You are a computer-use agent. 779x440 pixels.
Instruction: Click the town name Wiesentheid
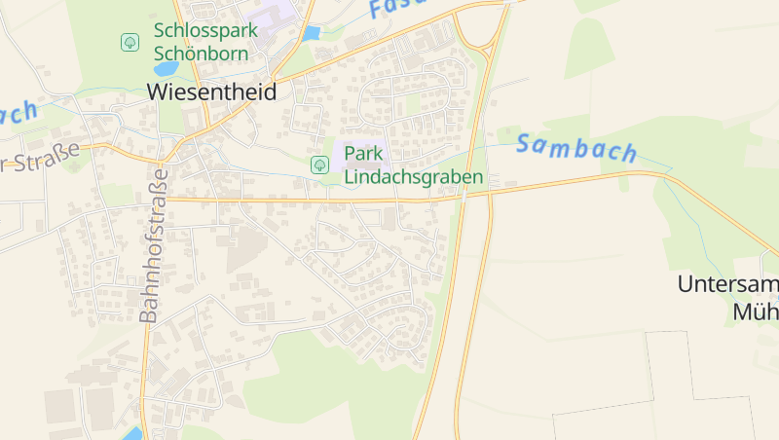pyautogui.click(x=211, y=92)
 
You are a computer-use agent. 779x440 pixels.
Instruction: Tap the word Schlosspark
pyautogui.click(x=205, y=30)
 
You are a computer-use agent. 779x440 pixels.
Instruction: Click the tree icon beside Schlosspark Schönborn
pyautogui.click(x=130, y=42)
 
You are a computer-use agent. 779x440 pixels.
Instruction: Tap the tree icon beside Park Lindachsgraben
pyautogui.click(x=318, y=165)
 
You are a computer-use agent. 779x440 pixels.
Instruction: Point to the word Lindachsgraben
pyautogui.click(x=414, y=177)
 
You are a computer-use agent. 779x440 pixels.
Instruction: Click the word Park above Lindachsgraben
pyautogui.click(x=362, y=154)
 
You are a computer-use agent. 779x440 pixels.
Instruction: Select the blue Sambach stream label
pyautogui.click(x=576, y=148)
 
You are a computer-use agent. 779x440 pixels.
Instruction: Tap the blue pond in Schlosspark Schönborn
pyautogui.click(x=167, y=69)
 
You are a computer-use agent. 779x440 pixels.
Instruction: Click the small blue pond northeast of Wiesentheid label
pyautogui.click(x=311, y=33)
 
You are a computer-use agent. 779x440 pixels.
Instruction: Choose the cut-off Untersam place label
pyautogui.click(x=727, y=284)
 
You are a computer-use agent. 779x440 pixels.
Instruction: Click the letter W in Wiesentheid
pyautogui.click(x=158, y=92)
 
